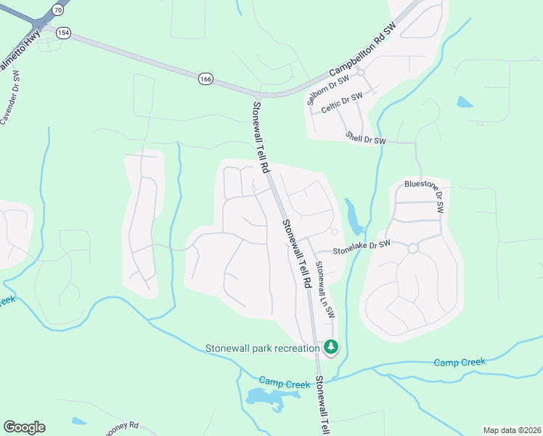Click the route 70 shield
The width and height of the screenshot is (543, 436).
[57, 9]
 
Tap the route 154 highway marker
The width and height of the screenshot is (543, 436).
[64, 33]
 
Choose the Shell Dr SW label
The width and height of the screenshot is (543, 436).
[365, 137]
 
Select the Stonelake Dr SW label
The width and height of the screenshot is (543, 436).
[362, 247]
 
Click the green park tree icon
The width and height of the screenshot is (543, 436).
[331, 347]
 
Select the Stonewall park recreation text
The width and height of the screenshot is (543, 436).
[262, 348]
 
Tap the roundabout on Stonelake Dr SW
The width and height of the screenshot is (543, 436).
[413, 249]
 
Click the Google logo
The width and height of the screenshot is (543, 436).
[24, 427]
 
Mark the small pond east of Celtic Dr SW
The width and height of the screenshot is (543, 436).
[465, 102]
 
